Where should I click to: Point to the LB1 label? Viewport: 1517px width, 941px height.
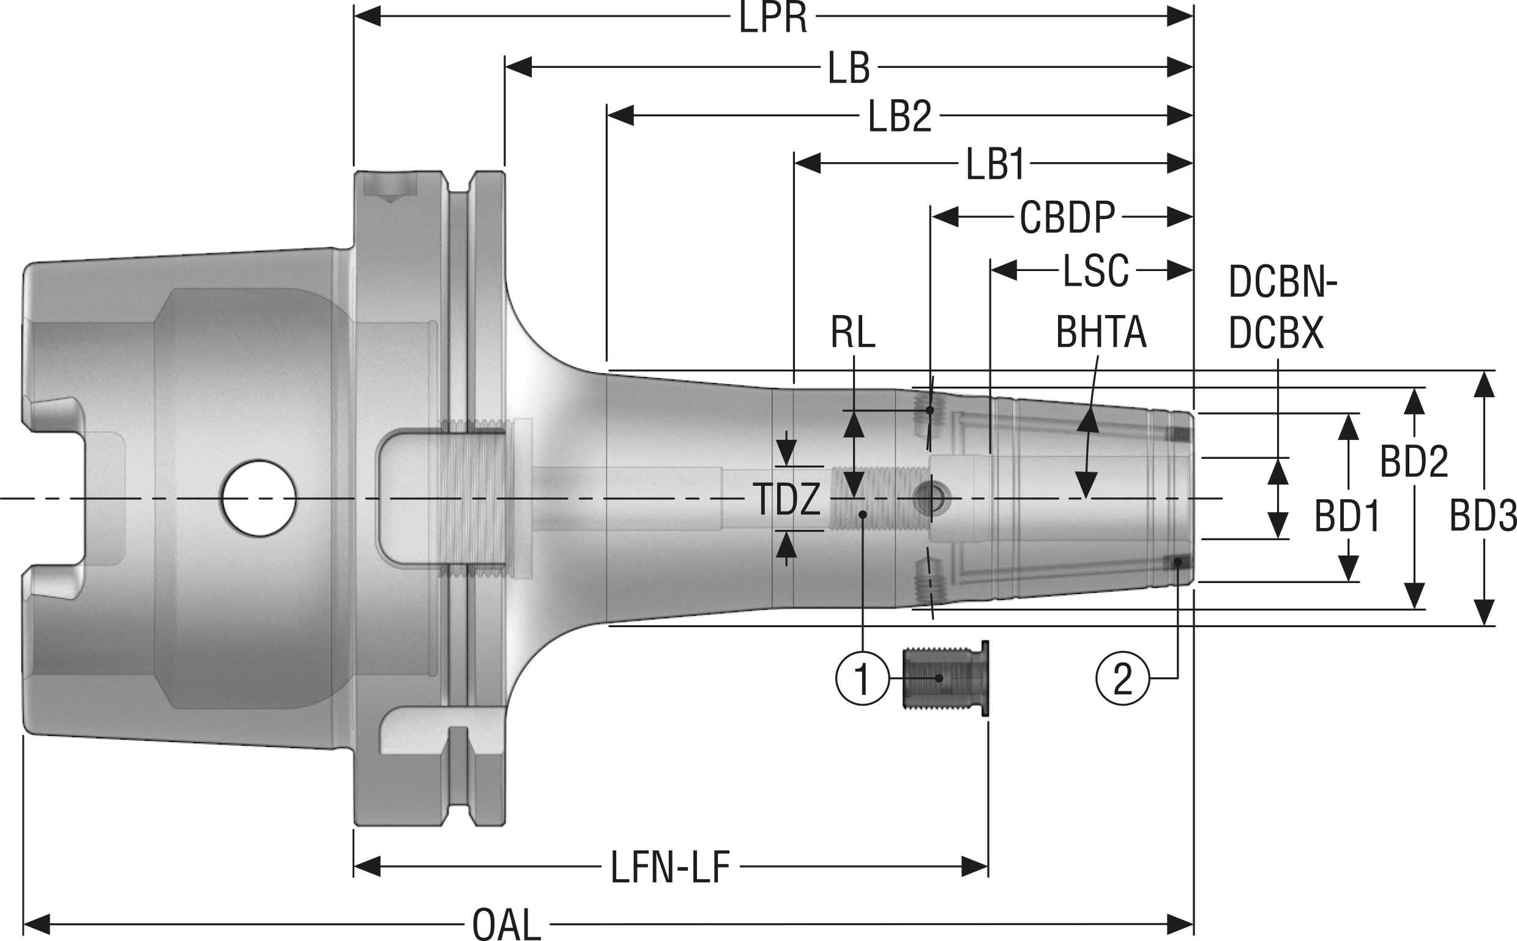click(x=994, y=165)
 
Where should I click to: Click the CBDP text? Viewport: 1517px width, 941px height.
click(x=1067, y=218)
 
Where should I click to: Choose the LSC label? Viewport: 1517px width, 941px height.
click(x=1095, y=271)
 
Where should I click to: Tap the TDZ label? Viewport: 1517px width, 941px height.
click(x=787, y=499)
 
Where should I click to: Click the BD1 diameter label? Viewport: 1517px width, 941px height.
click(x=1346, y=516)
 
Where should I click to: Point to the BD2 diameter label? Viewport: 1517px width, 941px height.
click(x=1414, y=462)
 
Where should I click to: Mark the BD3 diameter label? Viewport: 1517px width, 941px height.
click(x=1483, y=516)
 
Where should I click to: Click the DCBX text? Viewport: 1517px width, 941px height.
click(x=1275, y=333)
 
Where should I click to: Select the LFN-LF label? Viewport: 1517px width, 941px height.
click(x=669, y=868)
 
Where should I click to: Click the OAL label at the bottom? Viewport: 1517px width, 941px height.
click(x=506, y=925)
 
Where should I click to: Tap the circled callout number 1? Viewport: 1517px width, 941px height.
click(x=862, y=679)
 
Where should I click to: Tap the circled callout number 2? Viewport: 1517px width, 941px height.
click(x=1122, y=679)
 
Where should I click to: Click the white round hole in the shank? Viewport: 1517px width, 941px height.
click(x=258, y=498)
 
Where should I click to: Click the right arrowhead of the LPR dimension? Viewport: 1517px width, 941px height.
click(x=1180, y=17)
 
